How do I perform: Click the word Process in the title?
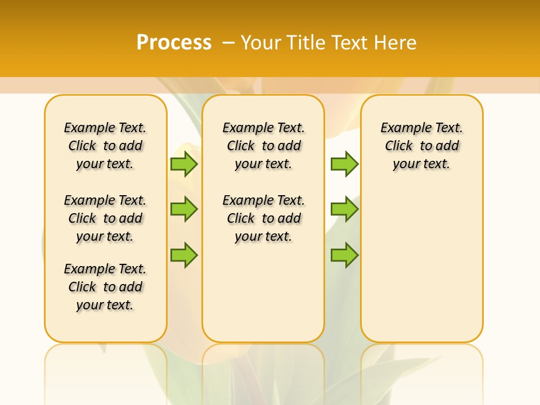pos(174,43)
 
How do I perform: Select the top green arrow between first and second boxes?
pos(184,164)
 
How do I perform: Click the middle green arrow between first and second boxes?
pos(184,209)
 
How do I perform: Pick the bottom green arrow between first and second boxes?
pos(184,255)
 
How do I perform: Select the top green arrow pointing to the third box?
pos(344,164)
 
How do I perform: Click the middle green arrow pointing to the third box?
pos(344,209)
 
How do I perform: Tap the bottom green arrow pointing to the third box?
pos(344,255)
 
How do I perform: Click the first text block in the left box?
pos(105,146)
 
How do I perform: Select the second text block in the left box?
pos(105,218)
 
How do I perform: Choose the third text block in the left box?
pos(105,287)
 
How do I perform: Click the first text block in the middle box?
pos(263,146)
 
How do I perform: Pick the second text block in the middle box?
pos(263,218)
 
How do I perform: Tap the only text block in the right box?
pos(422,146)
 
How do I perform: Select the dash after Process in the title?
pos(228,43)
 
